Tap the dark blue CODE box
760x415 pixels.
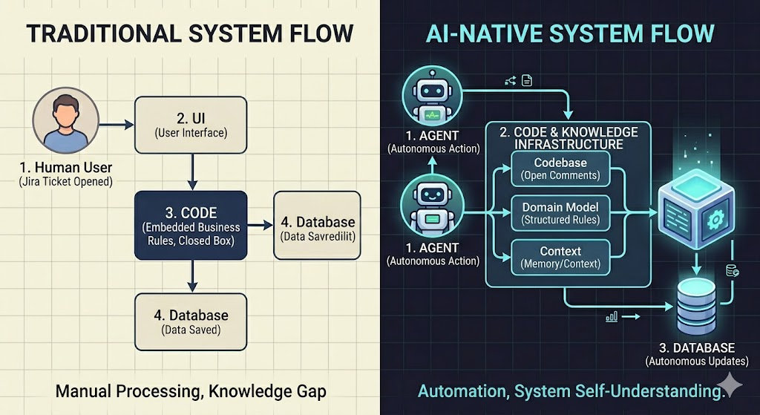[191, 224]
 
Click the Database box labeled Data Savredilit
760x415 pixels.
[317, 225]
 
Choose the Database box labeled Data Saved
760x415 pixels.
[191, 321]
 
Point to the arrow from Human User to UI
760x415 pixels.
[116, 125]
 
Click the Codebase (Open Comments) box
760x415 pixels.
[560, 169]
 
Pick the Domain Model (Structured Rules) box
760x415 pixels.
[560, 212]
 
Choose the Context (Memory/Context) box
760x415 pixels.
[560, 257]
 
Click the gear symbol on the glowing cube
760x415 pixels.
[716, 219]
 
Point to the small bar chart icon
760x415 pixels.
[612, 316]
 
